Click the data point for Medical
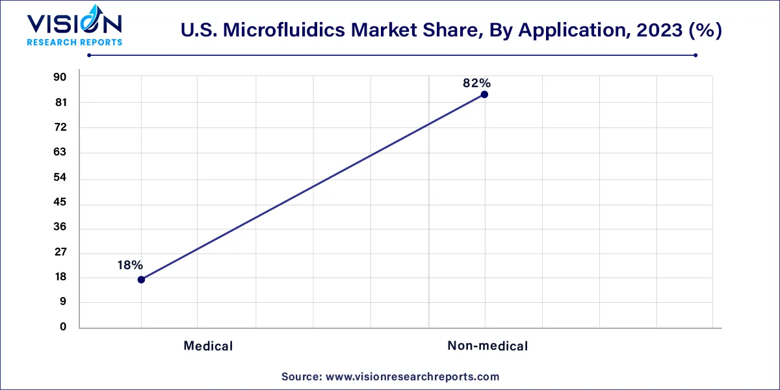pos(141,279)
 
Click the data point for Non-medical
pos(484,94)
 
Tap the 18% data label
pos(130,265)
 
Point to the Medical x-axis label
pos(208,346)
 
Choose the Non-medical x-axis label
pos(487,346)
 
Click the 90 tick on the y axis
pos(60,77)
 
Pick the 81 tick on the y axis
pos(60,103)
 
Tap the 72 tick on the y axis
pos(60,127)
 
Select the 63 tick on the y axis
pos(60,152)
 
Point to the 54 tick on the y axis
pos(60,177)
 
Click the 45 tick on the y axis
pos(60,203)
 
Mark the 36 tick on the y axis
pos(60,227)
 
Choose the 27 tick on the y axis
pos(60,252)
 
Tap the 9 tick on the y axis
pos(62,302)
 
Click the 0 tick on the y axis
pos(63,327)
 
